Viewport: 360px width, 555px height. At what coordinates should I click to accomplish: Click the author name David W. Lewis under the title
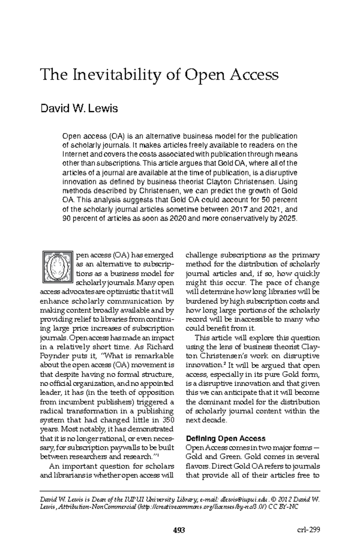coord(79,108)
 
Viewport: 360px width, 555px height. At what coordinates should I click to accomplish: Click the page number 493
coord(179,530)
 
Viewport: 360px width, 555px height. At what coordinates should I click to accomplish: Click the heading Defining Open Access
coord(226,439)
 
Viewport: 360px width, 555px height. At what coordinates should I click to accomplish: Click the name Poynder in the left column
coord(52,356)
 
